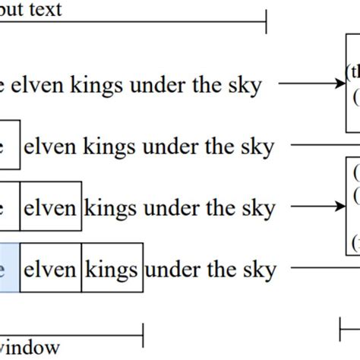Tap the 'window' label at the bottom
30,348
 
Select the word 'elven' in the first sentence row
43,85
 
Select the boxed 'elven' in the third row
50,207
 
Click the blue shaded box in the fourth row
9,268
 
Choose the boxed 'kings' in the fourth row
112,268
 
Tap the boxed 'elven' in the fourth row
50,268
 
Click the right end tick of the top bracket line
266,22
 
